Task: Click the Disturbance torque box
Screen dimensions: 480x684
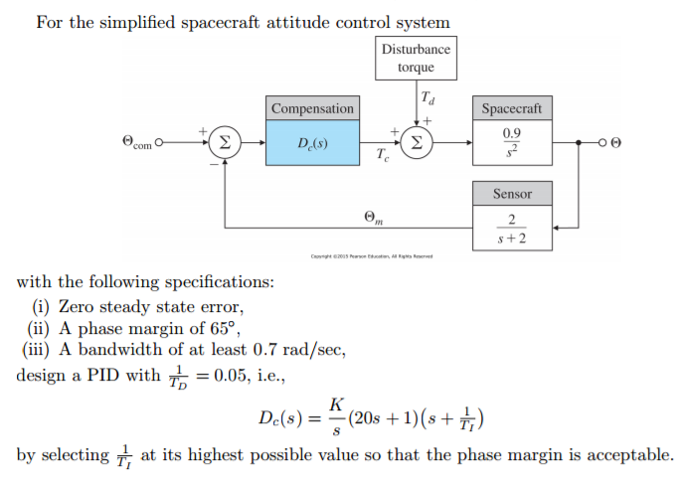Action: point(416,59)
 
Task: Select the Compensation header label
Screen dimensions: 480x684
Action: point(311,108)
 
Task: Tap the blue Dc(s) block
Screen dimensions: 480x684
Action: point(311,142)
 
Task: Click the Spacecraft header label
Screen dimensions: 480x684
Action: point(512,108)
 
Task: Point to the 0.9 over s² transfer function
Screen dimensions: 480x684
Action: point(512,142)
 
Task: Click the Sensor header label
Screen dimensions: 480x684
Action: point(512,194)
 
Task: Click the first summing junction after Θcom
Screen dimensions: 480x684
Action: point(226,142)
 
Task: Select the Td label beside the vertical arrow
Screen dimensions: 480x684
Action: point(428,98)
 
